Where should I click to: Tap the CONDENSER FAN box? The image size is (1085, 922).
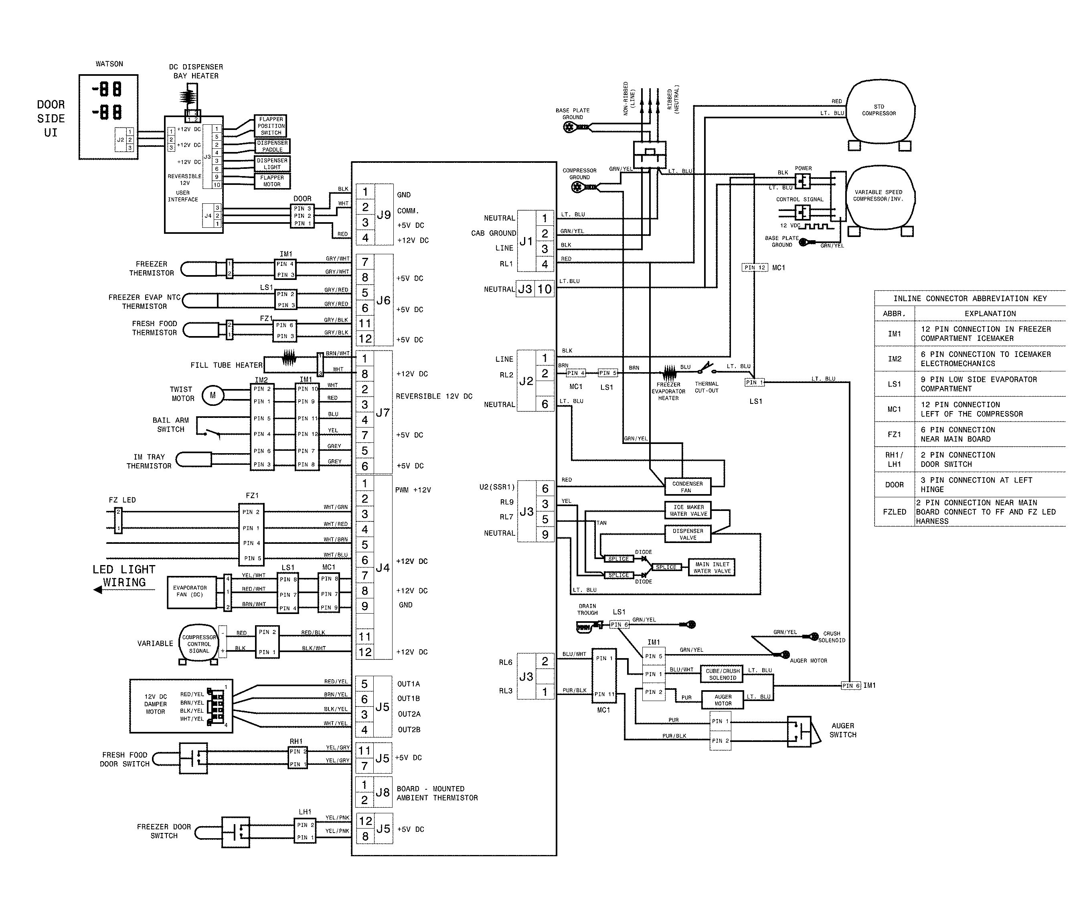point(687,486)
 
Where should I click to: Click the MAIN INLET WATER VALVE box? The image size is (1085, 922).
point(712,567)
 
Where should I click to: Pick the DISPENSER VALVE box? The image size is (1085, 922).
point(688,534)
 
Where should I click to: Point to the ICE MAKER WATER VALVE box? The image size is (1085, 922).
point(688,511)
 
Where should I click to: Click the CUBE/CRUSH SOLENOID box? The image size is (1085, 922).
point(722,674)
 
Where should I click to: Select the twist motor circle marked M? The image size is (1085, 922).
point(212,395)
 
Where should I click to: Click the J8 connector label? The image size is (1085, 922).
point(383,792)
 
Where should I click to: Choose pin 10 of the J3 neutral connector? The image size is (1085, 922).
point(544,289)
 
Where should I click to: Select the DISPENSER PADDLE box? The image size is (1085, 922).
point(272,146)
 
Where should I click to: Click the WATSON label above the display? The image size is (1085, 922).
point(109,64)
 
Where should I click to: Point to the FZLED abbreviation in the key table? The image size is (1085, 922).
point(894,512)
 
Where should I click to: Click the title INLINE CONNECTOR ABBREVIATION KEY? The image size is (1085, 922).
point(970,298)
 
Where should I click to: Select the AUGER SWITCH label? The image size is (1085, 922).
point(842,730)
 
